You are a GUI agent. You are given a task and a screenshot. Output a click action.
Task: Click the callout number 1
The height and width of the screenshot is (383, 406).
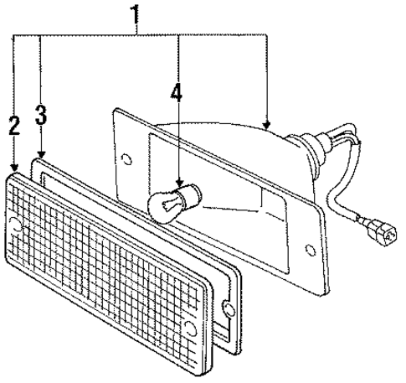135,15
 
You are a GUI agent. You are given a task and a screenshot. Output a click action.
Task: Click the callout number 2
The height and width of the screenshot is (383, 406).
14,126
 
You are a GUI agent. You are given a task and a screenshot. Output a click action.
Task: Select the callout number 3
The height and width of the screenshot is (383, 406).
41,115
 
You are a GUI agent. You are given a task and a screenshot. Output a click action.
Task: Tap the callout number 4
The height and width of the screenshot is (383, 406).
177,92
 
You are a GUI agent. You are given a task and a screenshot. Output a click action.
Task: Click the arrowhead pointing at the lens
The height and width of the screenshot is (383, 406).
14,167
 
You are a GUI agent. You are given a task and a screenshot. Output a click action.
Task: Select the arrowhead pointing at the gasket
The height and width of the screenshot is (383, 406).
41,154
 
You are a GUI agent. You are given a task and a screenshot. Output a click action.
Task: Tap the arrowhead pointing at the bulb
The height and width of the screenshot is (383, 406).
180,184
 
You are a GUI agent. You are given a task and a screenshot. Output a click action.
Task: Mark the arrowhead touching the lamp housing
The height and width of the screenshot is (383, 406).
267,125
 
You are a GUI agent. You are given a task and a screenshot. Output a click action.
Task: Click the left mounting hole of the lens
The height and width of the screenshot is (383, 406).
15,225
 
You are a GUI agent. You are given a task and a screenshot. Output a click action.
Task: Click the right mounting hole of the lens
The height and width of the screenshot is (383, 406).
190,328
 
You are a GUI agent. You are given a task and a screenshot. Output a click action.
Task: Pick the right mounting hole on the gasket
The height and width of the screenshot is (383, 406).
229,309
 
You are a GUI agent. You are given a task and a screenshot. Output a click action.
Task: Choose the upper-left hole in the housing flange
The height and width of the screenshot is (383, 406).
127,159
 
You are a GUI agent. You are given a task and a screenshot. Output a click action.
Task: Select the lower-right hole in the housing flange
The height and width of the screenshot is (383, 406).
311,249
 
